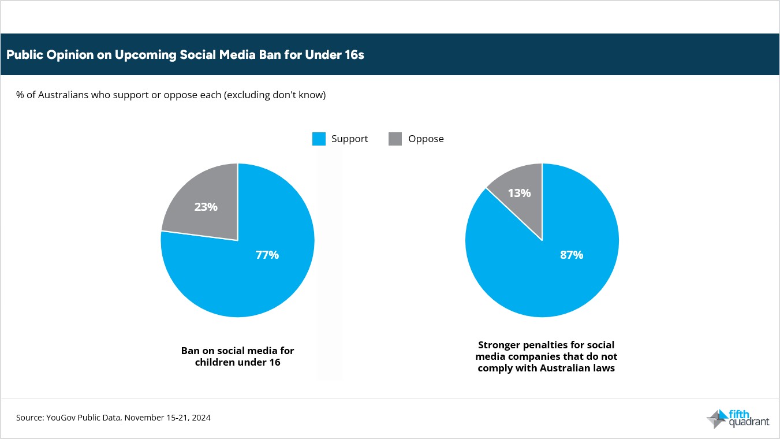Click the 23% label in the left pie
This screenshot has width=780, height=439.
[206, 206]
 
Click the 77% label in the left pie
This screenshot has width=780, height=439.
[267, 255]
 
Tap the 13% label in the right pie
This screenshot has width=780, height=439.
[519, 193]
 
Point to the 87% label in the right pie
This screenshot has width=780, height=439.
[571, 255]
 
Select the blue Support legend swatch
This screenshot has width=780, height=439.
[319, 139]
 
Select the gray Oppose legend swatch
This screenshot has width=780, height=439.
[395, 139]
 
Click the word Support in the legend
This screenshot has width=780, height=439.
[349, 139]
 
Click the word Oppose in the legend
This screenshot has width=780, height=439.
[426, 139]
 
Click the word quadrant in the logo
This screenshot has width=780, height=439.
[749, 422]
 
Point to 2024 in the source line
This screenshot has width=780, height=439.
[201, 418]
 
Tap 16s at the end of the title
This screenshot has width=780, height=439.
[353, 55]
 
